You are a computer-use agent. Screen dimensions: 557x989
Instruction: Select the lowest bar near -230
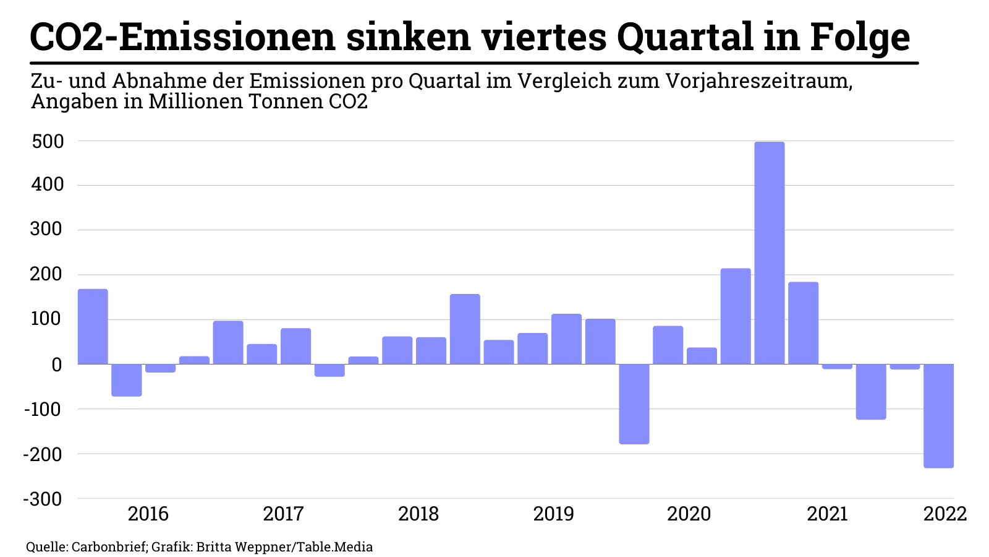tap(938, 415)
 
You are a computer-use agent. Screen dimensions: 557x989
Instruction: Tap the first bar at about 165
tap(93, 326)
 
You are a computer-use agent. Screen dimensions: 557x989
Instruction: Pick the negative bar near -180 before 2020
tap(634, 404)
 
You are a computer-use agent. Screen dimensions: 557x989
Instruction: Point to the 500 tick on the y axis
tap(47, 141)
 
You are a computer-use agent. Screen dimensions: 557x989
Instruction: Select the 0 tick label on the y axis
tap(57, 365)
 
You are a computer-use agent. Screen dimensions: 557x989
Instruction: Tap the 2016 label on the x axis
tap(148, 514)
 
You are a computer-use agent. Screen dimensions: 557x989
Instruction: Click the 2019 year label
tap(553, 514)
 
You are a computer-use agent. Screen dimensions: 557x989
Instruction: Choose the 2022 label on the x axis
tap(944, 514)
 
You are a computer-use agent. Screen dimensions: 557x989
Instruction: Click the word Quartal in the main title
tap(700, 37)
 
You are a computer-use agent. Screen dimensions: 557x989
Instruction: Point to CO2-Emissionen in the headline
tap(182, 37)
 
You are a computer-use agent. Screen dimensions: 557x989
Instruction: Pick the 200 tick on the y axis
tap(47, 275)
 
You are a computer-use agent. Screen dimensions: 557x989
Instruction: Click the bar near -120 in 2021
tap(871, 391)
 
